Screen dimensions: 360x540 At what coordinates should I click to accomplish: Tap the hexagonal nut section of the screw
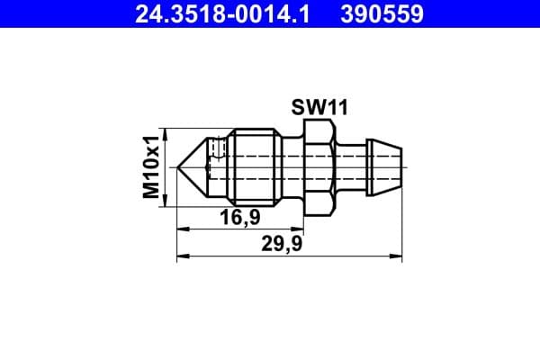[320, 166]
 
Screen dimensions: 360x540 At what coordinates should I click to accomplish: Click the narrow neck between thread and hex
[291, 166]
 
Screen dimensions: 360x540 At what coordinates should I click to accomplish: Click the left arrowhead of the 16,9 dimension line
[180, 229]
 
